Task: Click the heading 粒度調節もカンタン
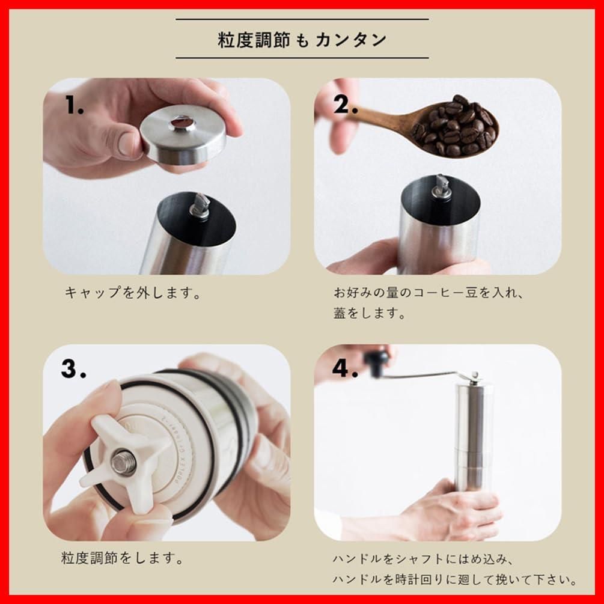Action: click(302, 40)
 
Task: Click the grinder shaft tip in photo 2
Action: click(442, 186)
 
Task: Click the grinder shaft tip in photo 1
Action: click(200, 206)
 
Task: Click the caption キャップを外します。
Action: click(132, 293)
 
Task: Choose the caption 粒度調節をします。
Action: click(123, 558)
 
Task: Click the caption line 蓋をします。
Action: click(370, 314)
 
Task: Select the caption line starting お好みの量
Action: click(430, 293)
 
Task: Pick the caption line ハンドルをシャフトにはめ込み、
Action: click(424, 559)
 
